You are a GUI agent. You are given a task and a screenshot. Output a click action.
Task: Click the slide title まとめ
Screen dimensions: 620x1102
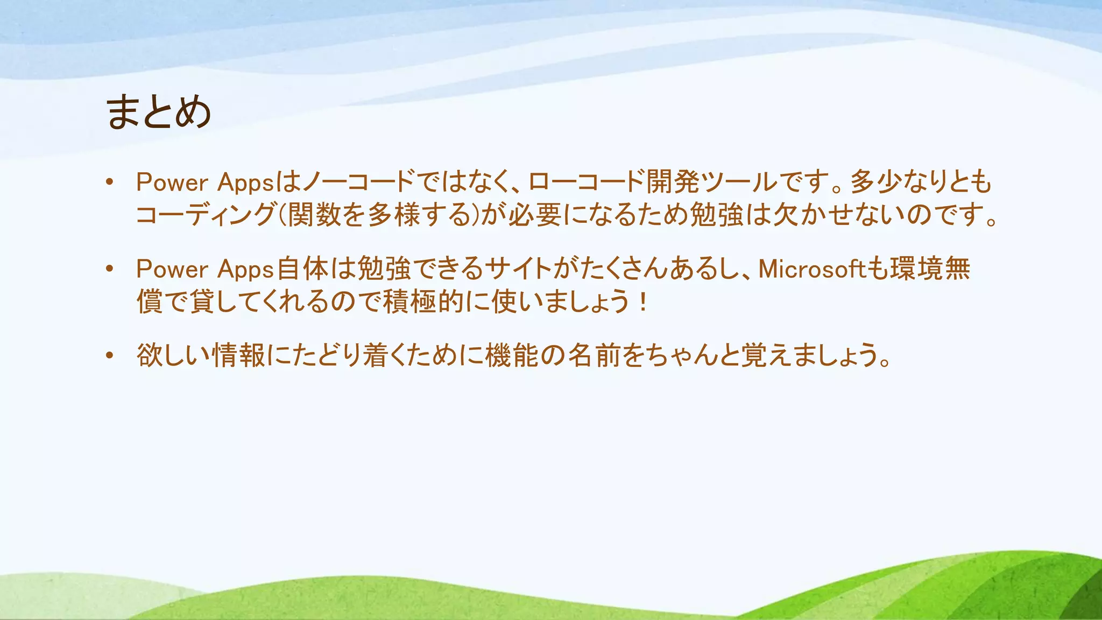pos(158,112)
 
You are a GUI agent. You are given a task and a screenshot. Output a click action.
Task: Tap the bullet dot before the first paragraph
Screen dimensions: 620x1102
pos(110,182)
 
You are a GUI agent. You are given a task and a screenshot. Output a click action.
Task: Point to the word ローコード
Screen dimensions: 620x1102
pos(585,182)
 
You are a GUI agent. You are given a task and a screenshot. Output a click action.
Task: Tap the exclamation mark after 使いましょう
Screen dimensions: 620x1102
pos(643,302)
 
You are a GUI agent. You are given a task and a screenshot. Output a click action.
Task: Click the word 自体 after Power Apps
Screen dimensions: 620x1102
pos(302,269)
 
